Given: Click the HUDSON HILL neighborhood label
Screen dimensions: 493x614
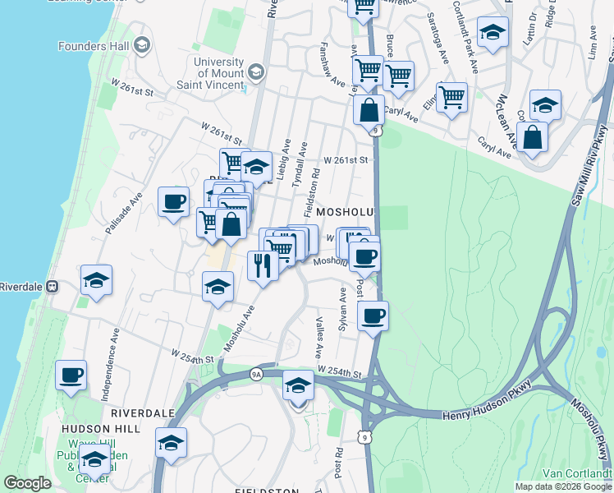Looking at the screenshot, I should pyautogui.click(x=96, y=428).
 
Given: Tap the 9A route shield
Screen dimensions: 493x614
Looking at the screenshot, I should pyautogui.click(x=256, y=375).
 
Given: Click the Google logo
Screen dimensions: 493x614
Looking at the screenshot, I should pyautogui.click(x=28, y=483).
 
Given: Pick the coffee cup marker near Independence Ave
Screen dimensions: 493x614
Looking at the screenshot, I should pyautogui.click(x=71, y=375).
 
